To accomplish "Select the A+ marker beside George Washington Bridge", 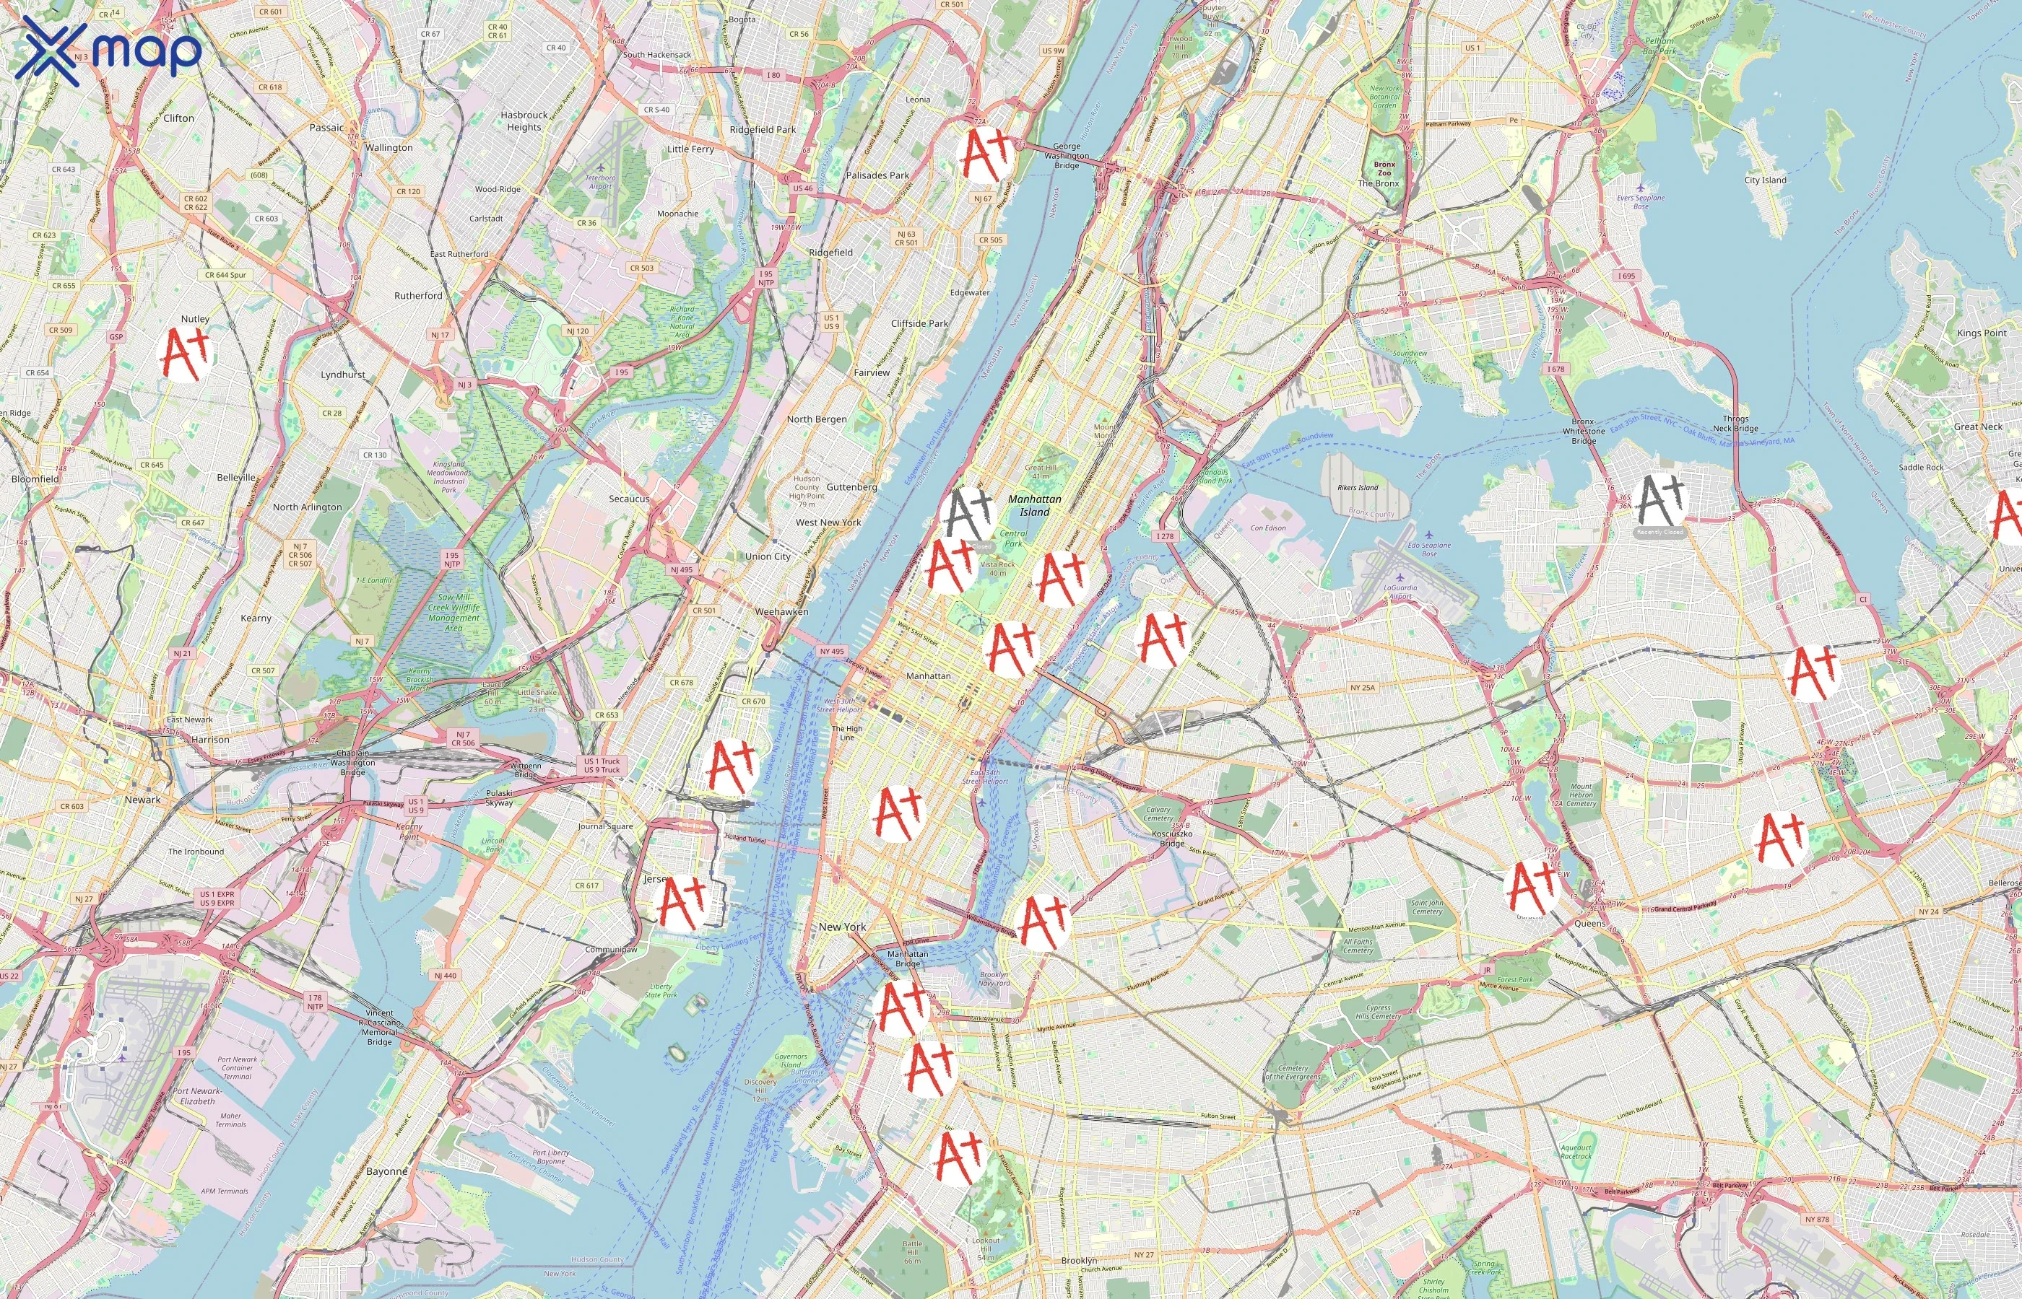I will tap(986, 155).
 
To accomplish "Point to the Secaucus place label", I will tap(629, 499).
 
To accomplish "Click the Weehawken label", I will tap(781, 611).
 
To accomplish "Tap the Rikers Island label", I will tap(1357, 488).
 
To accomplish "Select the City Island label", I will tap(1766, 180).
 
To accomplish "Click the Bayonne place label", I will tap(386, 1171).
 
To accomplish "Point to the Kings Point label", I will tap(1982, 333).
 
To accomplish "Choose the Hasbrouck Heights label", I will tap(524, 121).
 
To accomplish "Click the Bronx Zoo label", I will tap(1384, 169).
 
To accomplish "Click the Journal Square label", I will tap(604, 826).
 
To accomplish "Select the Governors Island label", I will tap(791, 1060).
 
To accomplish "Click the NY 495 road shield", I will tap(831, 651).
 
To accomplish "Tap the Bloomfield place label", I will tap(35, 478).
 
